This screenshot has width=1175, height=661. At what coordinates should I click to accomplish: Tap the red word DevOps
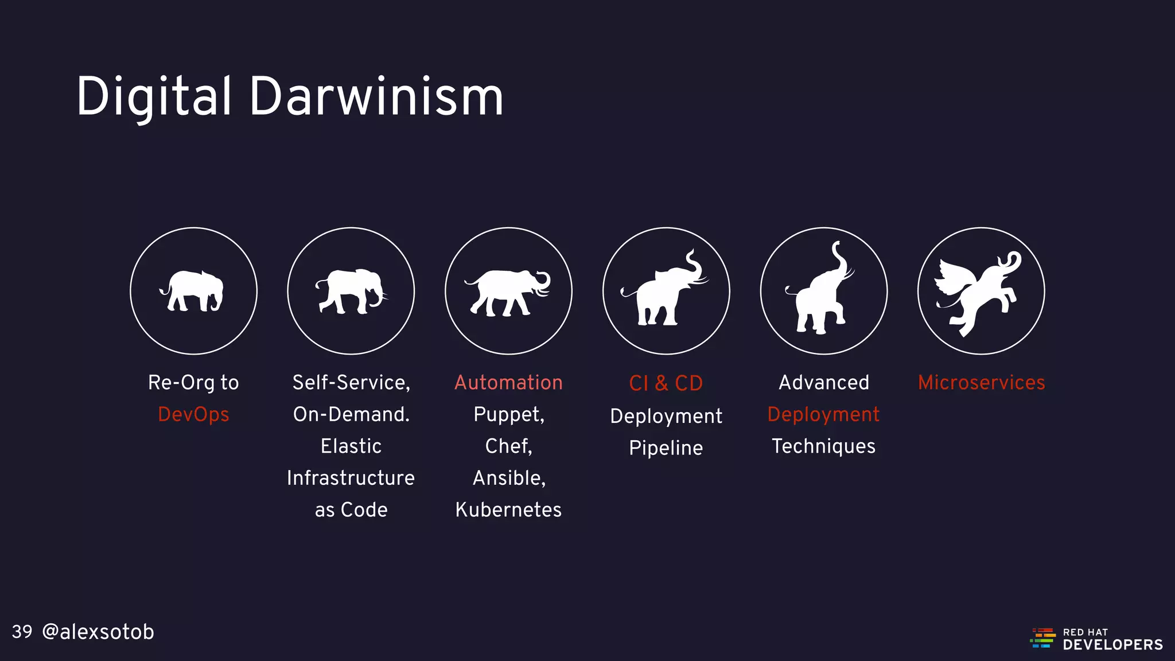pos(193,414)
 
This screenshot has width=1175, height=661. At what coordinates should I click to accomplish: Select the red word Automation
pos(508,383)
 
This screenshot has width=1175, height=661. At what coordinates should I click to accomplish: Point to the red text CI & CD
pos(666,383)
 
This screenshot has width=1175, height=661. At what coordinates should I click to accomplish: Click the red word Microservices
pos(981,383)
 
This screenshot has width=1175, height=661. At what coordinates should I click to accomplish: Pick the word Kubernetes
pos(508,510)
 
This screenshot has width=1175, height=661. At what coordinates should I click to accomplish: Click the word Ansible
pos(508,478)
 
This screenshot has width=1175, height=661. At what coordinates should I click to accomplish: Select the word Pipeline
pos(666,448)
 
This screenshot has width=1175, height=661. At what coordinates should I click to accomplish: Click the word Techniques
pos(823,446)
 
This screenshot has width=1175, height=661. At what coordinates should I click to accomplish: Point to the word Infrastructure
pos(351,478)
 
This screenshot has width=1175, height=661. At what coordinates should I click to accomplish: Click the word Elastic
pos(351,446)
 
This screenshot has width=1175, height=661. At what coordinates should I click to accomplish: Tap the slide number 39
pos(22,632)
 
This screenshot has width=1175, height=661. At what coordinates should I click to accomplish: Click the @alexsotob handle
pos(98,632)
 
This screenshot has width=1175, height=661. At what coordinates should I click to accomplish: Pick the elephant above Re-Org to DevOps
pos(193,291)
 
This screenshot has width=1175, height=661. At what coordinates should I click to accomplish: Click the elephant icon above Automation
pos(508,291)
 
